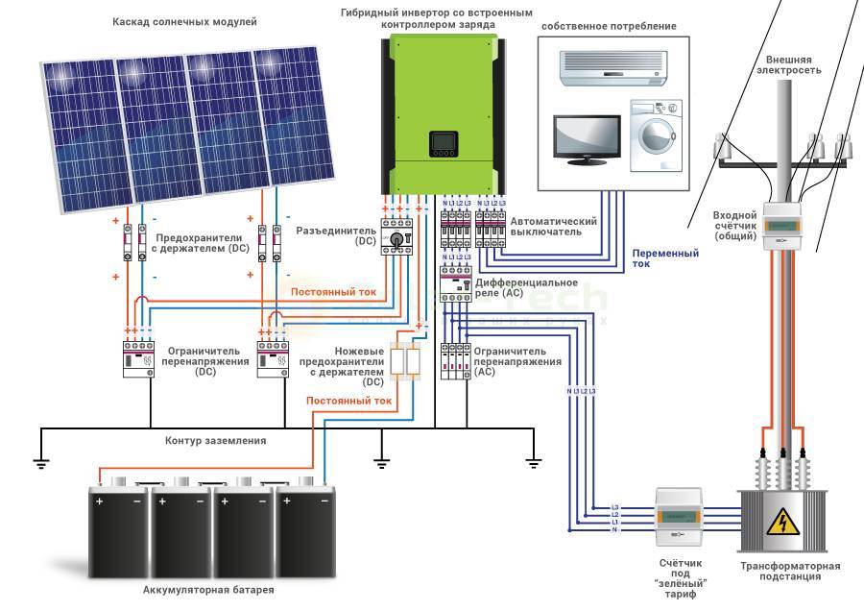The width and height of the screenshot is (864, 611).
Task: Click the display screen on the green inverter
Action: (443, 144)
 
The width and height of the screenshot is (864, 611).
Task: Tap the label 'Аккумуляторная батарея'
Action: (208, 589)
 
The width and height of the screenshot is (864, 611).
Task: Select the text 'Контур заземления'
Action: (215, 440)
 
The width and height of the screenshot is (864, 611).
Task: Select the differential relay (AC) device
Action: (453, 283)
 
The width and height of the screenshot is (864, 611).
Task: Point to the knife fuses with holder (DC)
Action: (406, 362)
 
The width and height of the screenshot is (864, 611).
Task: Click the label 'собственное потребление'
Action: (608, 26)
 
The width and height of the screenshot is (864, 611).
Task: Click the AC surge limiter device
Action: (453, 361)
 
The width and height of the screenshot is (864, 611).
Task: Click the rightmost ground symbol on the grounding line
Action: (534, 462)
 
